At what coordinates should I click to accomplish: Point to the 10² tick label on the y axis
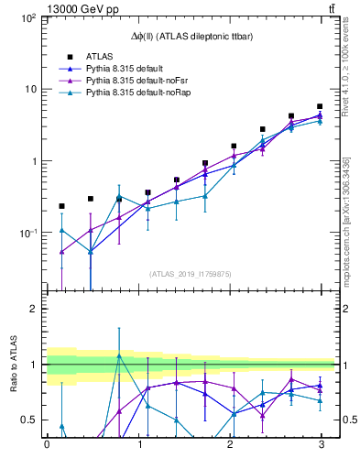[27, 18]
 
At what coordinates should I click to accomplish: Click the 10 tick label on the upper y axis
[30, 90]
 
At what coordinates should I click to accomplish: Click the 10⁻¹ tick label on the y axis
[27, 233]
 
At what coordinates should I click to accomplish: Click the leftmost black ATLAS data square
[61, 206]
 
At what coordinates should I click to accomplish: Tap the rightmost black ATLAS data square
[320, 106]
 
